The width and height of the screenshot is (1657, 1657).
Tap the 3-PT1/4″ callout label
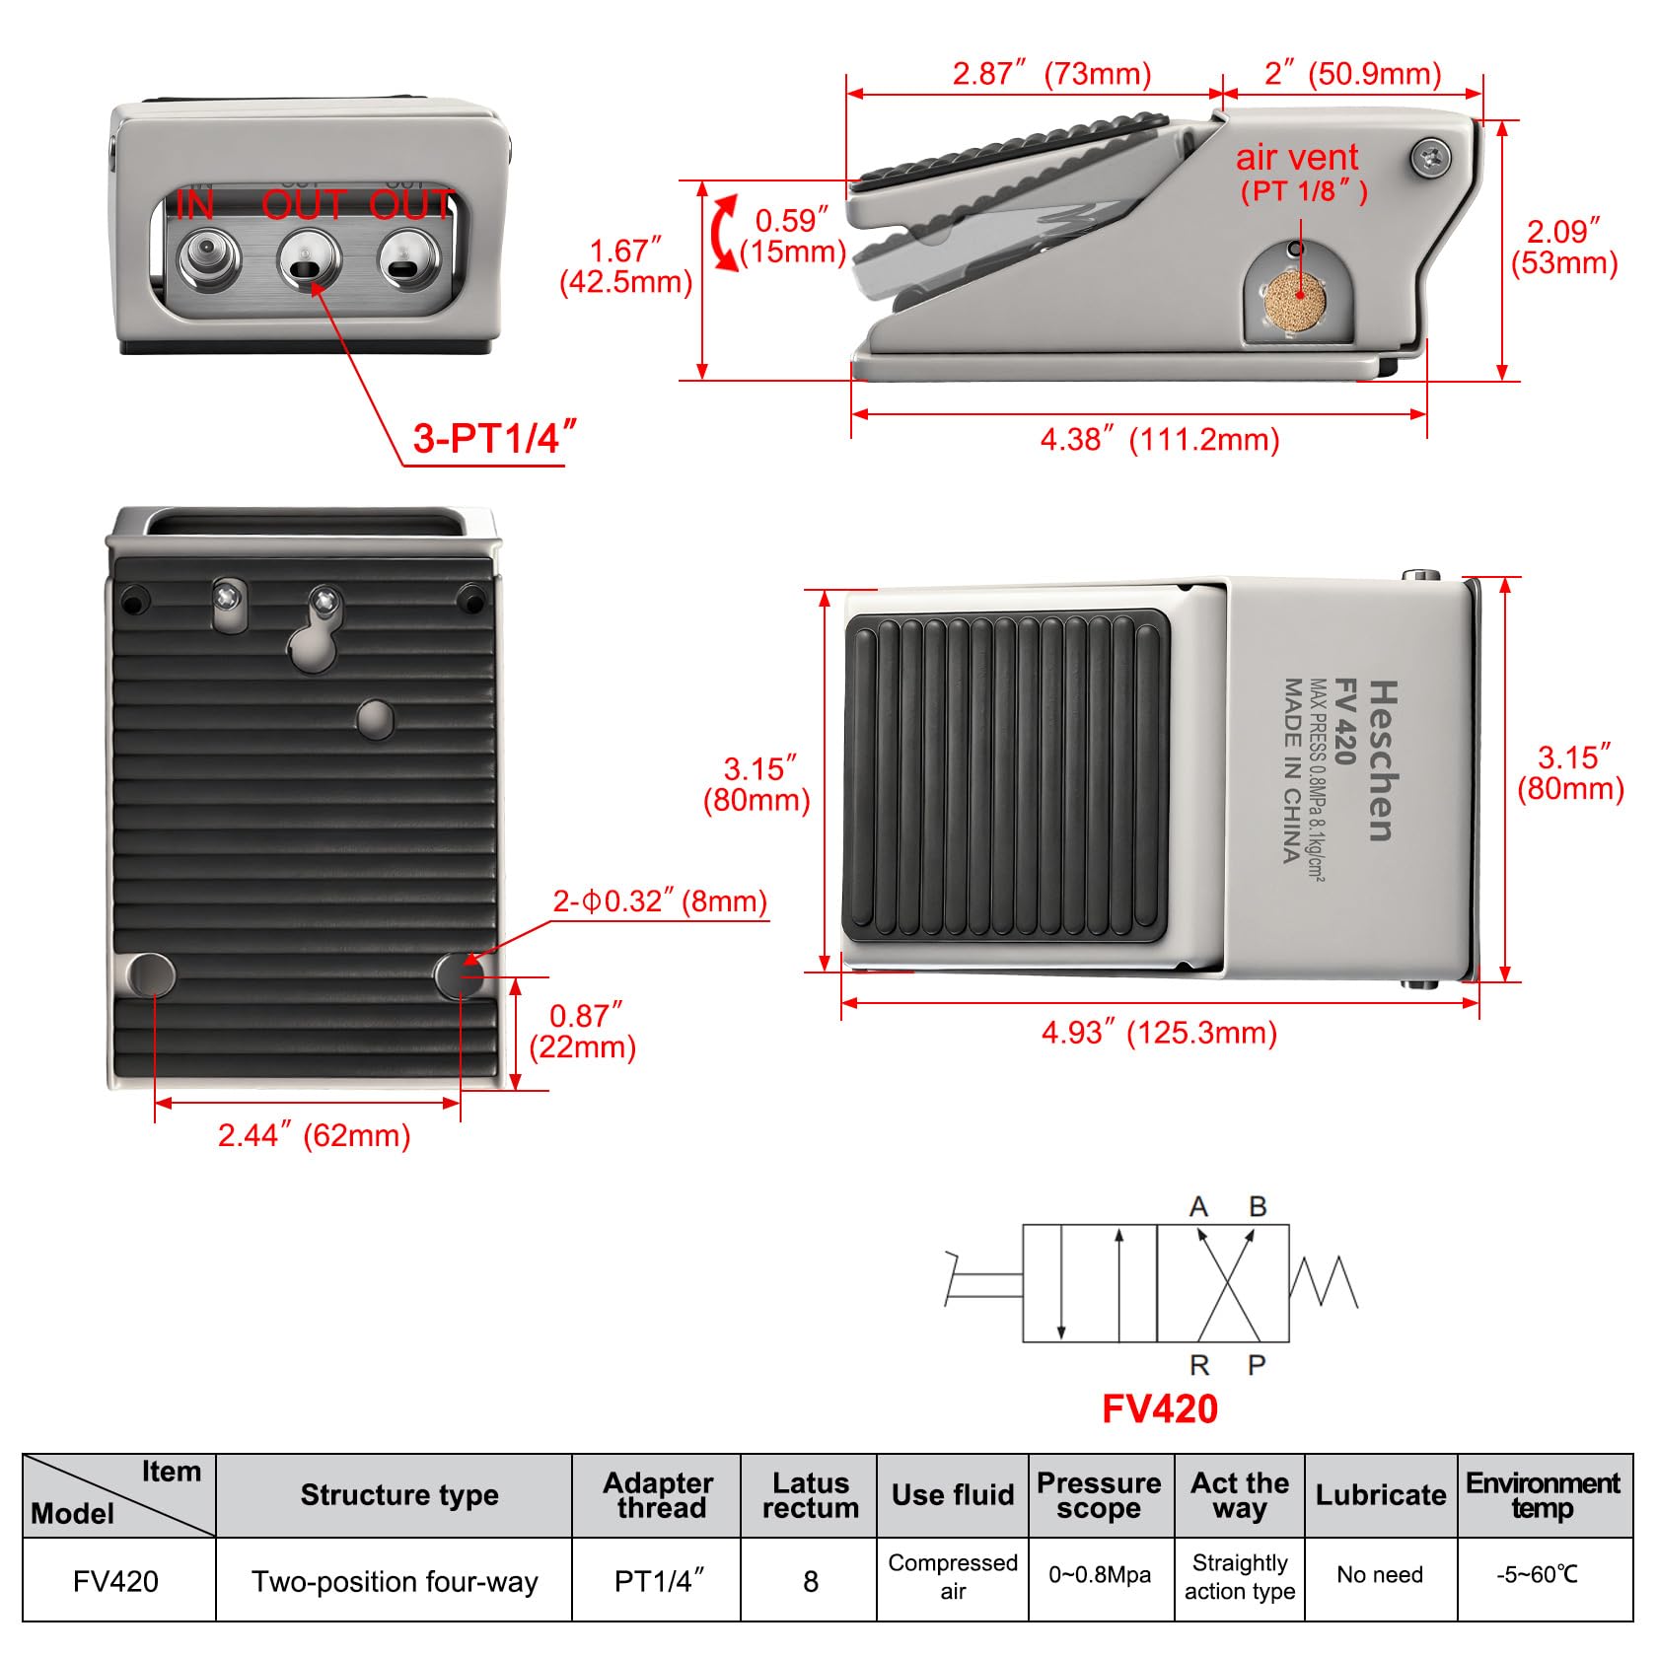pos(493,438)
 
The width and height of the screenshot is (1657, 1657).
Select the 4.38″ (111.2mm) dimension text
pos(1159,439)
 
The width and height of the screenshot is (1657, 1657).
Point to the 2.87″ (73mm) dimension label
pos(1051,74)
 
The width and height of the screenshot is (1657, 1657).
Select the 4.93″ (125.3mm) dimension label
pos(1159,1033)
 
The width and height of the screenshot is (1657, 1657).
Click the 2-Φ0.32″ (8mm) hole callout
pos(659,901)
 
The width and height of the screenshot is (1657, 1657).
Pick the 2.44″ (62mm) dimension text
pos(314,1135)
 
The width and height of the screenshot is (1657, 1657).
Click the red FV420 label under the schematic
pos(1159,1408)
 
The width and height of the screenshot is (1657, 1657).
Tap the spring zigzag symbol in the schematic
pos(1325,1282)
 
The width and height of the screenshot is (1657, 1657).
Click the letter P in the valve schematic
pos(1256,1365)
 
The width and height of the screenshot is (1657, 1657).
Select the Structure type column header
pos(399,1495)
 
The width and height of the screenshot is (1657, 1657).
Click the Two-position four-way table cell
pos(395,1582)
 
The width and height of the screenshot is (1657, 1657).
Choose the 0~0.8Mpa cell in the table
pos(1100,1575)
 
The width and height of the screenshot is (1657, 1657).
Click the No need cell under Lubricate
pos(1380,1575)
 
